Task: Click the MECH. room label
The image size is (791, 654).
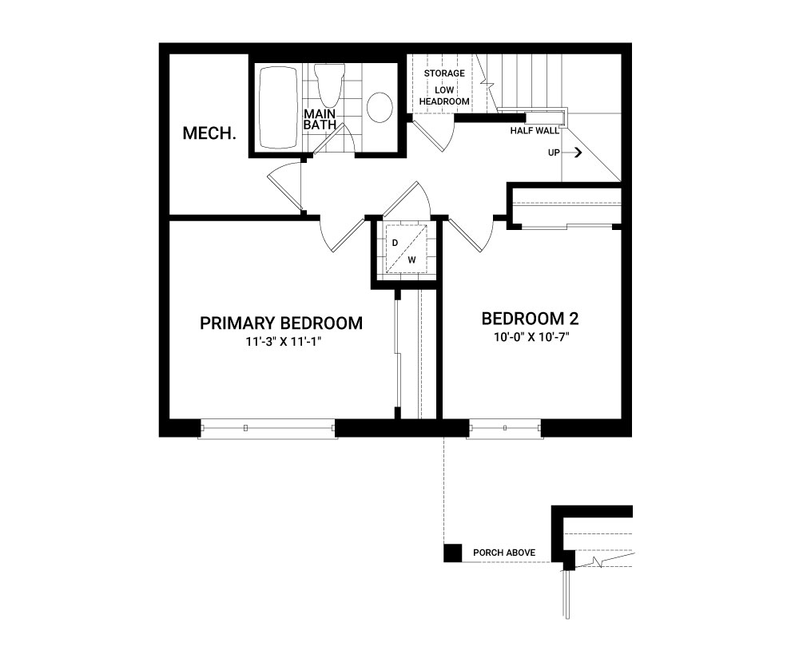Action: (x=209, y=133)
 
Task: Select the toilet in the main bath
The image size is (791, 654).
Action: (x=329, y=83)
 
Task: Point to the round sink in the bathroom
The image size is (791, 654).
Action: (x=380, y=107)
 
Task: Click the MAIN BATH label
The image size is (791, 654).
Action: (x=320, y=120)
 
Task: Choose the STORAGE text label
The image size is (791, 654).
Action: (x=444, y=73)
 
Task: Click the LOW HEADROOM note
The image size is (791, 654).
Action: (x=444, y=96)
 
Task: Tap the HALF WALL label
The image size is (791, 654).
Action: (x=535, y=131)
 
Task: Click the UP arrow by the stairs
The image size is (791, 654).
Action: (x=572, y=152)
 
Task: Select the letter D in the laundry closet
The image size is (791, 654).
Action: (x=395, y=243)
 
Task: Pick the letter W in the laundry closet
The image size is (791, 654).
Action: (x=412, y=260)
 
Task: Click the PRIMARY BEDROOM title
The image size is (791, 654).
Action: (x=281, y=323)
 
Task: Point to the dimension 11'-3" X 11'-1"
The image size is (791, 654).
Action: (x=284, y=341)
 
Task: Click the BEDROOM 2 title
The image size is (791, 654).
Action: (x=531, y=319)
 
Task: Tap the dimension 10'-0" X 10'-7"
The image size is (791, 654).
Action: (x=531, y=337)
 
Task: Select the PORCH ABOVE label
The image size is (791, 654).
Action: (x=504, y=553)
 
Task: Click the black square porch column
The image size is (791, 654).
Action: (x=452, y=553)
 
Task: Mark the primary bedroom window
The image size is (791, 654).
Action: (x=268, y=429)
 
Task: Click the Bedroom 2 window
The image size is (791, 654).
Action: (x=505, y=429)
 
